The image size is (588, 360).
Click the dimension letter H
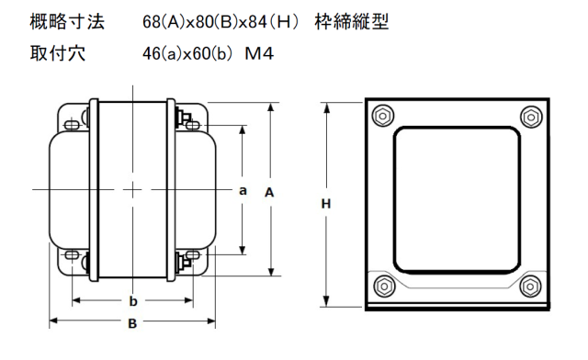326,204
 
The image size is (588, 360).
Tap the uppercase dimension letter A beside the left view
269,192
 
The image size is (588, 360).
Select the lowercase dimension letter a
243,191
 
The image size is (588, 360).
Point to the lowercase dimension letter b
133,300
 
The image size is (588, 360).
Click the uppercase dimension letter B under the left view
132,323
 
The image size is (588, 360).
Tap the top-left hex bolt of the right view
382,116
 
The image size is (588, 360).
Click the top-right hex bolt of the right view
531,117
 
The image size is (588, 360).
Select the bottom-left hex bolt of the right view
384,287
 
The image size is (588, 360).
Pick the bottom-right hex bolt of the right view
530,287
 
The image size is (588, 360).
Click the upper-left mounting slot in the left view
72,125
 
